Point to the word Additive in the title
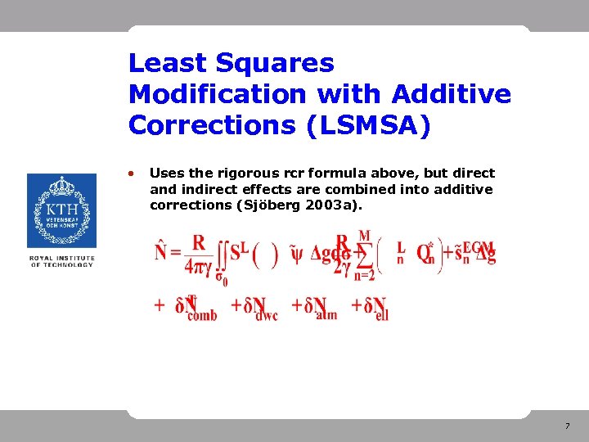click(452, 94)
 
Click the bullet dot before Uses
click(132, 173)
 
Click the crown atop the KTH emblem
click(61, 186)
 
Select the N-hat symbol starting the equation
click(163, 250)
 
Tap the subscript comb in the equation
click(202, 315)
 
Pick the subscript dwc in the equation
click(266, 315)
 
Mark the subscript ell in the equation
click(381, 315)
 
